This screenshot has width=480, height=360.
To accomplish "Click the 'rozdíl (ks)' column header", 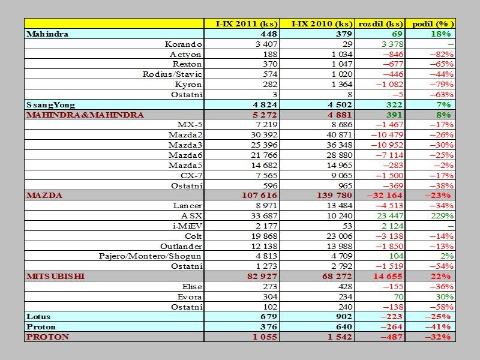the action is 380,24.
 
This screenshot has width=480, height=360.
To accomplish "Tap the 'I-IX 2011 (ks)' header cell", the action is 247,24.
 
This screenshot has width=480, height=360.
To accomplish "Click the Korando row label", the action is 184,44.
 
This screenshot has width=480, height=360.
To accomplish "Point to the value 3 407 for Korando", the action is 266,44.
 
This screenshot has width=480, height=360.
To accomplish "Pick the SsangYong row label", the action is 50,105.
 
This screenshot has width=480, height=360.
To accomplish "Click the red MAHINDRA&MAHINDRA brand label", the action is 85,115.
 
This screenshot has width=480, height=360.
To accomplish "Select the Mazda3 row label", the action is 185,145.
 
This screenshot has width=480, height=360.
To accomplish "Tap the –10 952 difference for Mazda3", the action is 387,145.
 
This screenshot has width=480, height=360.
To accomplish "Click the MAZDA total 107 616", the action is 260,196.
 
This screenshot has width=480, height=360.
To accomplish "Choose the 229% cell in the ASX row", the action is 442,216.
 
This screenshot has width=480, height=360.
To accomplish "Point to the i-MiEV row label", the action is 187,226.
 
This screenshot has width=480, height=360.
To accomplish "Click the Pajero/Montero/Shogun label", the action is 150,256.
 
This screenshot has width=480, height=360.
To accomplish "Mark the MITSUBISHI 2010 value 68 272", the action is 337,276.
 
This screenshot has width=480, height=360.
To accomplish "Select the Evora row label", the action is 190,296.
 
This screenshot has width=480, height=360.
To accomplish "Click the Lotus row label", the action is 38,317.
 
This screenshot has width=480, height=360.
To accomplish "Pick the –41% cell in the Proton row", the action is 438,326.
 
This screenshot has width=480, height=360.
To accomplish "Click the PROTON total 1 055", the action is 265,337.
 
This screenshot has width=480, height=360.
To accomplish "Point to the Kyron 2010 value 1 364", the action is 342,84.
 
